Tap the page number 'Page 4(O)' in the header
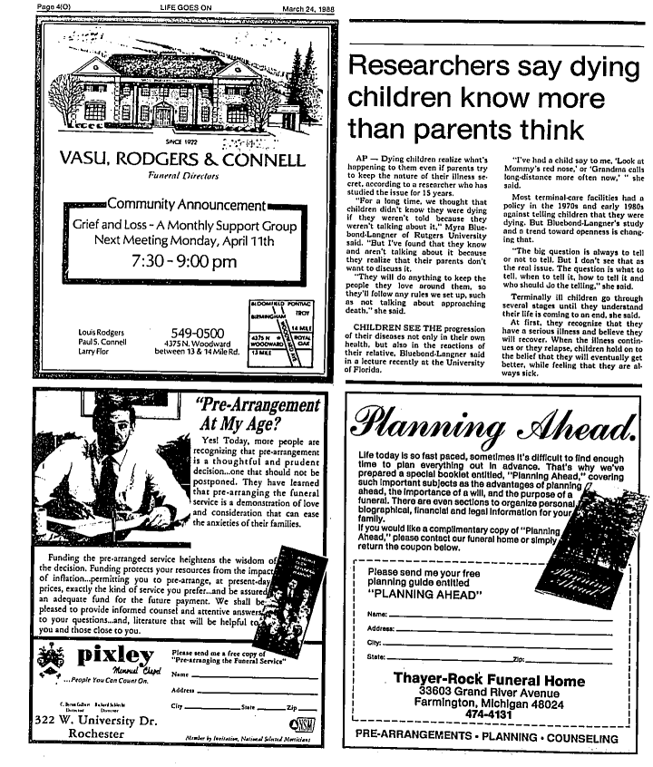click(x=33, y=6)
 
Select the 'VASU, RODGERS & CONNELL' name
click(x=181, y=160)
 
